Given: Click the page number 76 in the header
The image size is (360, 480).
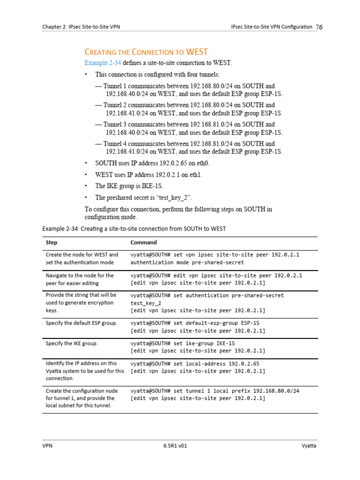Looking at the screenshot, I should click(319, 27).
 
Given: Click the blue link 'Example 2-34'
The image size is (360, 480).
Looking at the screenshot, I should click(103, 63).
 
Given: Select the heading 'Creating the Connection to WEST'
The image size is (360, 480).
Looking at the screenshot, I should click(146, 52).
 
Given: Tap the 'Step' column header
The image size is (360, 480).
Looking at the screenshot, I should click(52, 242).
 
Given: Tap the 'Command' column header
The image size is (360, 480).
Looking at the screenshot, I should click(143, 242).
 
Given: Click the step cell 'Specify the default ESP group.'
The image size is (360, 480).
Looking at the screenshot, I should click(81, 323).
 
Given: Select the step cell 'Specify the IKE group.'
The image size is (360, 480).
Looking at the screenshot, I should click(72, 343).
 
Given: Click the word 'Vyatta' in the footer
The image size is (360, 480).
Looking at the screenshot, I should click(309, 446).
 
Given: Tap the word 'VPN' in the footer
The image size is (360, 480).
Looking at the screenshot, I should click(47, 446).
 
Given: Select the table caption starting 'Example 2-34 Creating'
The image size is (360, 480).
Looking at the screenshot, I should click(134, 229).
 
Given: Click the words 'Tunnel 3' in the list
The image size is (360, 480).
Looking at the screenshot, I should click(115, 125).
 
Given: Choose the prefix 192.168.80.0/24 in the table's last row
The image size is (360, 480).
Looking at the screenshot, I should click(276, 390).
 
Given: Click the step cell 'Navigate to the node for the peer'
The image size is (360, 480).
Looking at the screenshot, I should click(80, 279).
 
